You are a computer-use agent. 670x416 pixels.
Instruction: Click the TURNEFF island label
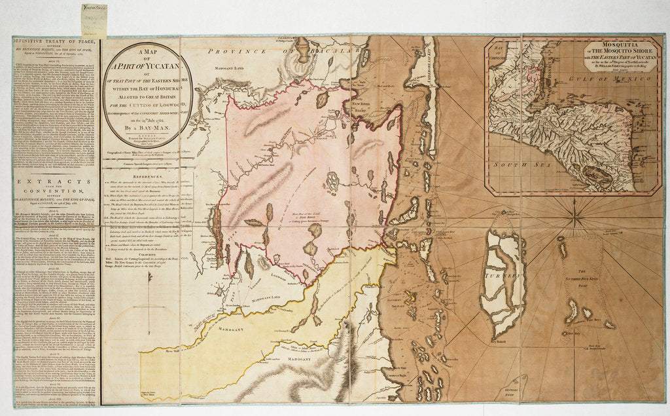coord(502,277)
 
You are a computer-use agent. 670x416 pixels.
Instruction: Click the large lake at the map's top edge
coord(302,50)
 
